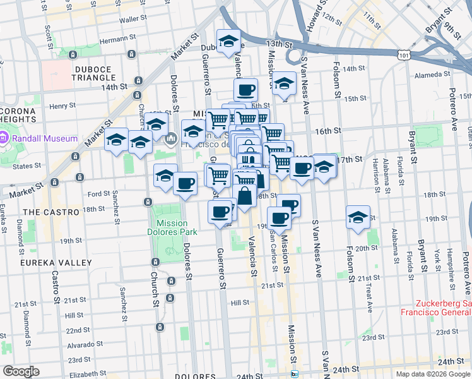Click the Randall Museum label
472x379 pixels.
pos(43,138)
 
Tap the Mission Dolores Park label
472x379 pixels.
pos(173,227)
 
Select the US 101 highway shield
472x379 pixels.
pos(403,56)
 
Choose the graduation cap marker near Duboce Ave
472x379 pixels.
pos(228,42)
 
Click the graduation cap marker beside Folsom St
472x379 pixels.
pos(358,217)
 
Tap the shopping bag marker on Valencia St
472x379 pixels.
pos(245,196)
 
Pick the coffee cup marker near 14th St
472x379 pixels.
pos(245,89)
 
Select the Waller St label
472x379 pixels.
pos(133,20)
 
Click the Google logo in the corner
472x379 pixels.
pos(21,371)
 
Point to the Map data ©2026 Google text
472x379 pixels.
pos(433,374)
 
